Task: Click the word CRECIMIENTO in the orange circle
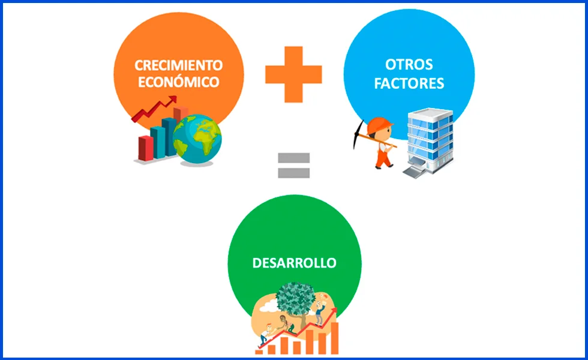point(179,65)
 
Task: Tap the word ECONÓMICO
point(179,82)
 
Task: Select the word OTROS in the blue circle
point(409,65)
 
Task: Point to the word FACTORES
point(409,83)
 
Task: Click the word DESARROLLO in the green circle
point(294,263)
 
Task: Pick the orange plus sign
point(293,74)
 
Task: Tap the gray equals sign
point(293,166)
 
